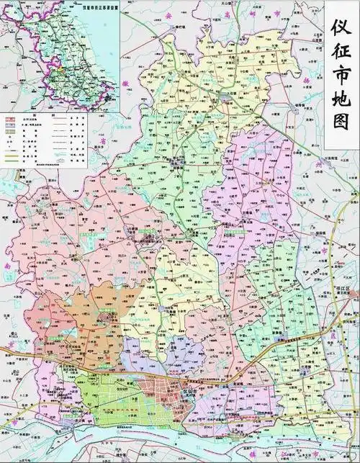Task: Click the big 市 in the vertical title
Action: click(342, 76)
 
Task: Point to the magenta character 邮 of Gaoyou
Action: click(253, 12)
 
